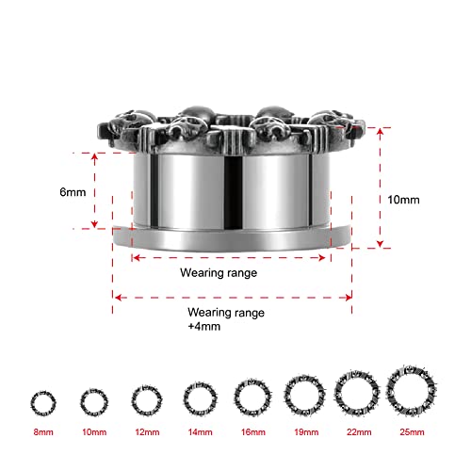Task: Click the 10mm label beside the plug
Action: coord(402,200)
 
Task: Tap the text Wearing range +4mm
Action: coord(225,318)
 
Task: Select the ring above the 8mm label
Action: coord(41,401)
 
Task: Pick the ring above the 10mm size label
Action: coord(91,401)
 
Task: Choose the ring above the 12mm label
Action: coord(143,399)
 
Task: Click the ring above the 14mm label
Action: coord(197,398)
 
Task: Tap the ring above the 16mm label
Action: coord(252,396)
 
